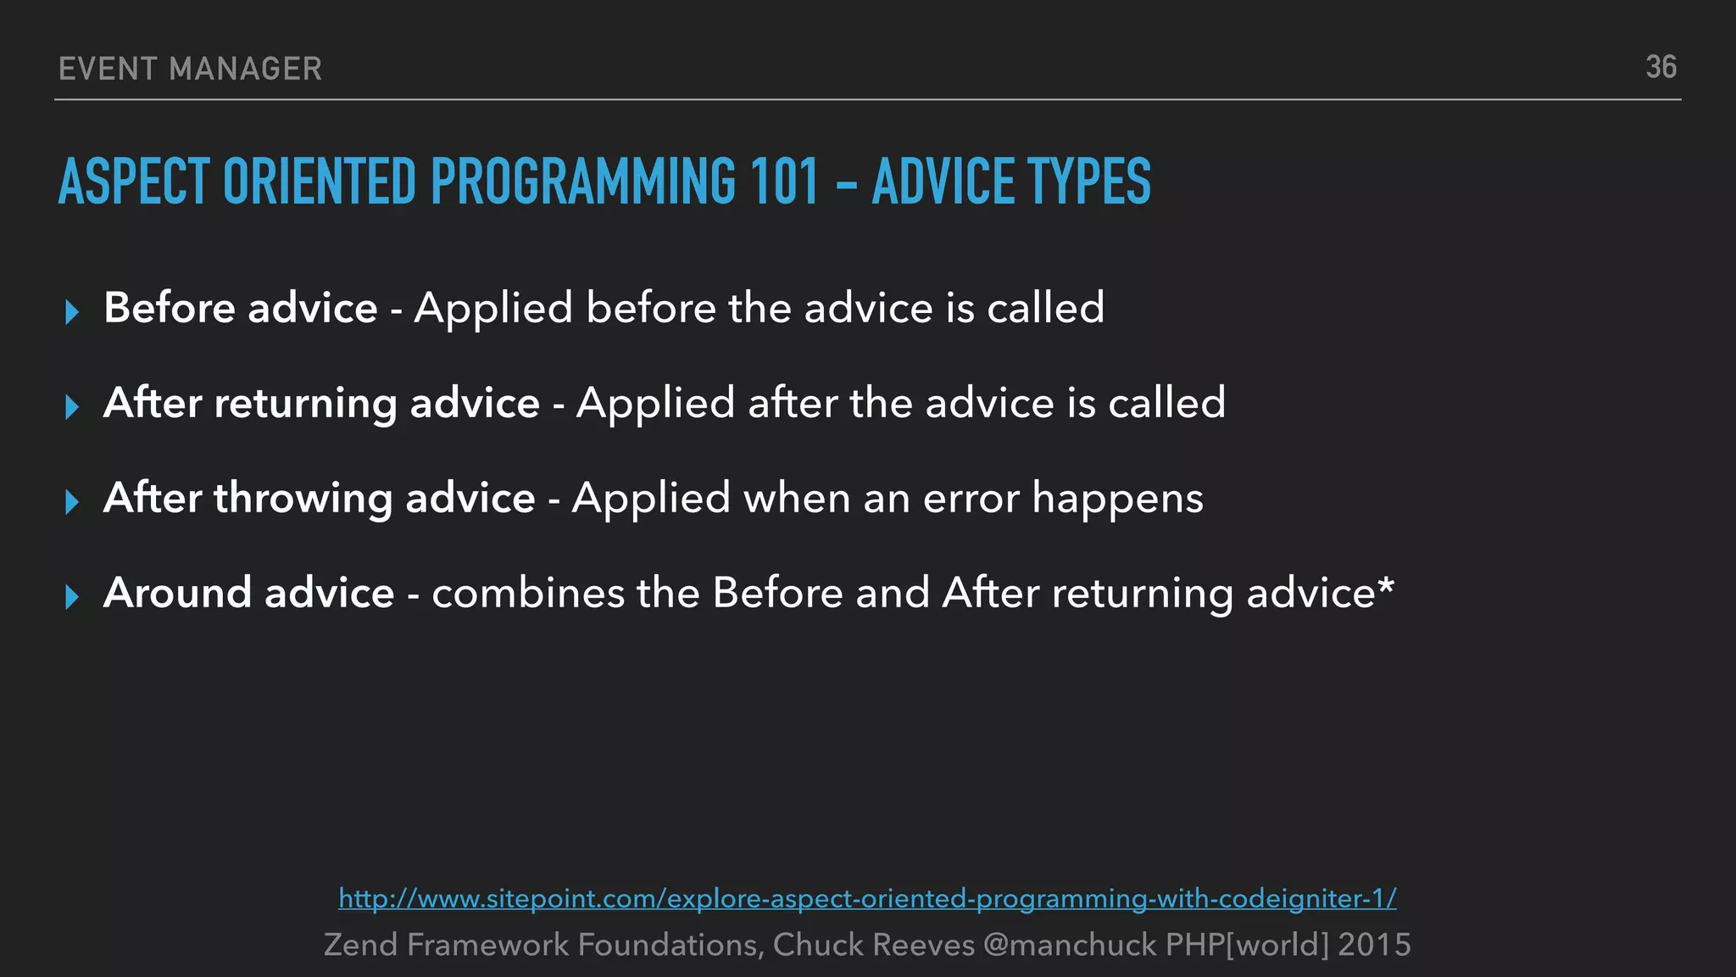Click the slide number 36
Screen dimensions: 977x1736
coord(1661,67)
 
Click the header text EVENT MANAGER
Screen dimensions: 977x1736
coord(191,69)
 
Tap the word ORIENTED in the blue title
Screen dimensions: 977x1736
coord(320,181)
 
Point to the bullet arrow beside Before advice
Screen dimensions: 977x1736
coord(72,311)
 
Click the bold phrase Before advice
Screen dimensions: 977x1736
coord(240,307)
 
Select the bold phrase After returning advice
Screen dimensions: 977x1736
coord(321,402)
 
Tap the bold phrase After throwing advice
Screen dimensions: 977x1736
coord(319,497)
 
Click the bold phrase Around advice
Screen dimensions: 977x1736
coord(248,592)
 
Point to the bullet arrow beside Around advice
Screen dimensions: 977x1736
coord(72,596)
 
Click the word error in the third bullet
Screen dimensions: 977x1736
coord(971,498)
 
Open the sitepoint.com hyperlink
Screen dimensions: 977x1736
coord(867,898)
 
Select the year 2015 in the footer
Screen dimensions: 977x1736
coord(1374,945)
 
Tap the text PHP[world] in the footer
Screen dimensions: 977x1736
coord(1247,945)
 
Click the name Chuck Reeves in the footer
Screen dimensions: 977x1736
coord(873,945)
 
